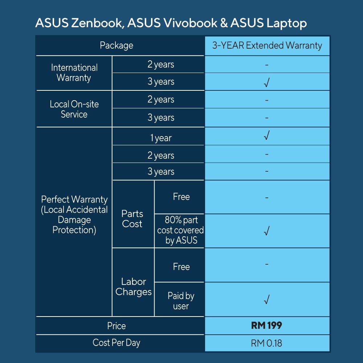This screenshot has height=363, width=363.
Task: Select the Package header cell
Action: (x=117, y=45)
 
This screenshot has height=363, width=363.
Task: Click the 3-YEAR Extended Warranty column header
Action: (x=267, y=45)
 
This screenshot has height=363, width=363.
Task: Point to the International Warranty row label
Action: (x=74, y=73)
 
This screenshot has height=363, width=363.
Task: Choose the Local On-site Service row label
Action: (x=74, y=109)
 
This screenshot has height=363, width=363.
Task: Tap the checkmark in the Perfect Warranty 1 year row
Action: (x=267, y=136)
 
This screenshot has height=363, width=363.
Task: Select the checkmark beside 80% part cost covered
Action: (x=267, y=231)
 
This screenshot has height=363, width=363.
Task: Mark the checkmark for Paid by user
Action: (x=267, y=300)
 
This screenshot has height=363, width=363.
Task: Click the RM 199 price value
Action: (x=266, y=326)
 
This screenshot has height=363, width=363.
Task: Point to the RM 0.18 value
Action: (x=266, y=343)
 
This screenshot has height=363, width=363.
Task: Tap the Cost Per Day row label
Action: (x=117, y=343)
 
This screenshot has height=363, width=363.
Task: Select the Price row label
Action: (x=117, y=326)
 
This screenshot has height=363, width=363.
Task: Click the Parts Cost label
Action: (x=132, y=219)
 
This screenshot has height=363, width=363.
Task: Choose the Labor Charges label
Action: (x=133, y=287)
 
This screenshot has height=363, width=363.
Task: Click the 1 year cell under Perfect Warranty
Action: (x=160, y=138)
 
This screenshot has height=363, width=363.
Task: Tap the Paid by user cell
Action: (x=181, y=301)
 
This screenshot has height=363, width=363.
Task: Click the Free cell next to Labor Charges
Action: (x=181, y=267)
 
